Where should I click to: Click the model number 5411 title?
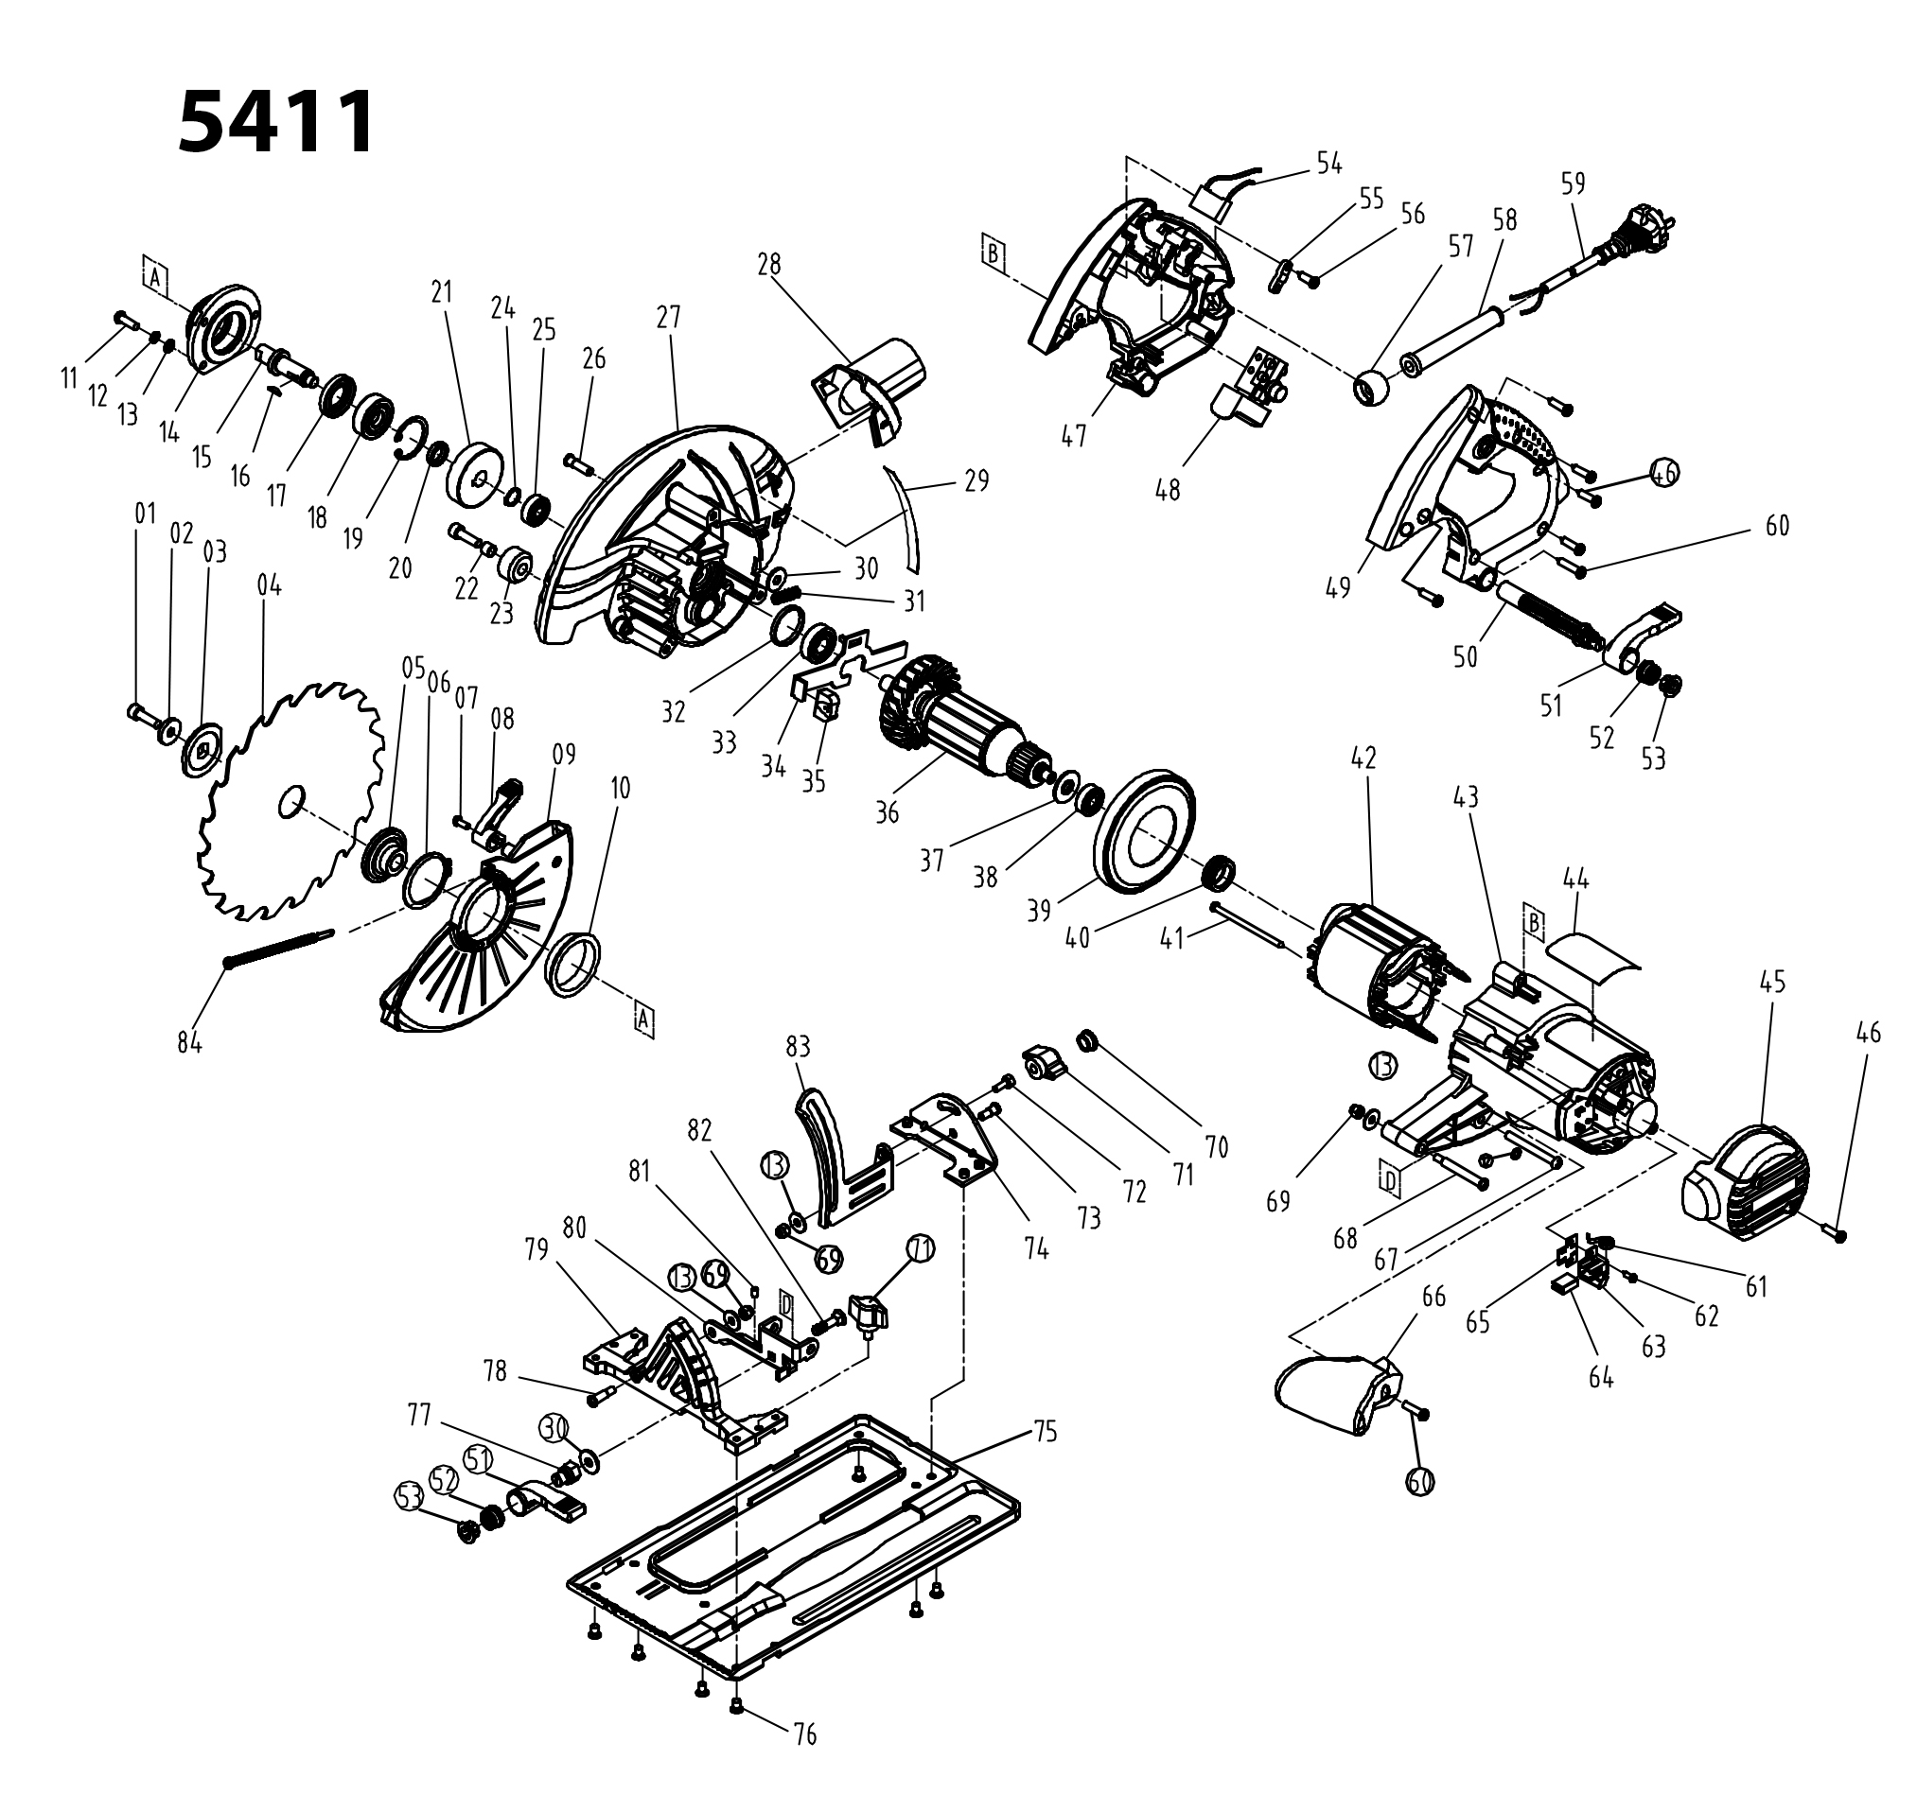point(276,122)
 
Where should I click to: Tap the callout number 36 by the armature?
point(888,811)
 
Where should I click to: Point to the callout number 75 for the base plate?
point(1045,1432)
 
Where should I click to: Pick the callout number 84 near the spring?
point(190,1042)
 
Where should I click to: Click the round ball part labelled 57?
point(1374,390)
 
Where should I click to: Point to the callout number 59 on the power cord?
point(1573,183)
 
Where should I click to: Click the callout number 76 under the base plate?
point(804,1735)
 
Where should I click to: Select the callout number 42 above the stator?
point(1363,758)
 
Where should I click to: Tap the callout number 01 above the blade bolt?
point(146,514)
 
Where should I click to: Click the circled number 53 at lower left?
point(410,1497)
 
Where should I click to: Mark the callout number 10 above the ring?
point(620,788)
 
